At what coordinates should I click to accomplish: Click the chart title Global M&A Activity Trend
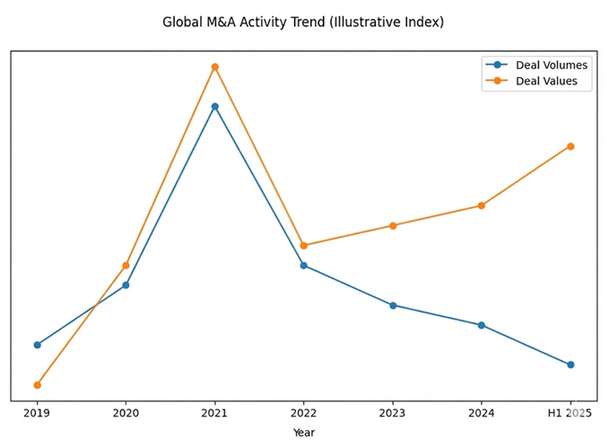(302, 22)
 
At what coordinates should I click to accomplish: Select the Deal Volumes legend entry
(551, 65)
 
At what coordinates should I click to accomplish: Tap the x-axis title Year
(303, 433)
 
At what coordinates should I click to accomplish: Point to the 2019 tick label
(37, 414)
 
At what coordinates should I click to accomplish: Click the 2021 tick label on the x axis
(214, 414)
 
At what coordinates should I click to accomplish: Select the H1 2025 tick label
(570, 414)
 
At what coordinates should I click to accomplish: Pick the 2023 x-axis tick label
(392, 414)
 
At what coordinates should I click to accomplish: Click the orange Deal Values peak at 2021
(214, 66)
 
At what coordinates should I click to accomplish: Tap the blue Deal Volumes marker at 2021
(214, 106)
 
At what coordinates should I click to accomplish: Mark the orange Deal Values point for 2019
(37, 385)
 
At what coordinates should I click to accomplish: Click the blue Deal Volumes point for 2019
(37, 345)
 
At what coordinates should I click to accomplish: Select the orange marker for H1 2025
(571, 146)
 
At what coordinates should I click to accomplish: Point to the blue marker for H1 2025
(571, 365)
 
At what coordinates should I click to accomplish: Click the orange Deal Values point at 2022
(303, 245)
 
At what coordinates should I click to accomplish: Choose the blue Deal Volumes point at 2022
(303, 265)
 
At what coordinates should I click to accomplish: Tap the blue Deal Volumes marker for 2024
(482, 325)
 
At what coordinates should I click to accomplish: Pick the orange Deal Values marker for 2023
(392, 225)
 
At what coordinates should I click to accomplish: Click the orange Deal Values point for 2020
(126, 265)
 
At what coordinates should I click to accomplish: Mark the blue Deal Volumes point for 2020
(126, 285)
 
